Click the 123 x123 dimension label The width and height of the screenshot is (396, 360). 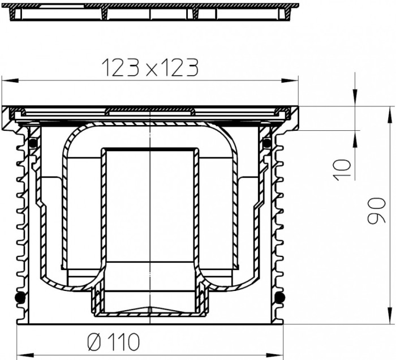(x=150, y=68)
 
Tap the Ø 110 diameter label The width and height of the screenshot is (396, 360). (x=113, y=342)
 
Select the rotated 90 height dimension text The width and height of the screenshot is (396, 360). (x=377, y=211)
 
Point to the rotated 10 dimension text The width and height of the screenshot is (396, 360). (x=342, y=170)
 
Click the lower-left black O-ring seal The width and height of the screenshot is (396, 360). (x=20, y=297)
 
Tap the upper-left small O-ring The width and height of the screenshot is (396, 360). (x=33, y=143)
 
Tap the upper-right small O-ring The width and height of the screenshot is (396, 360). (x=266, y=143)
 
